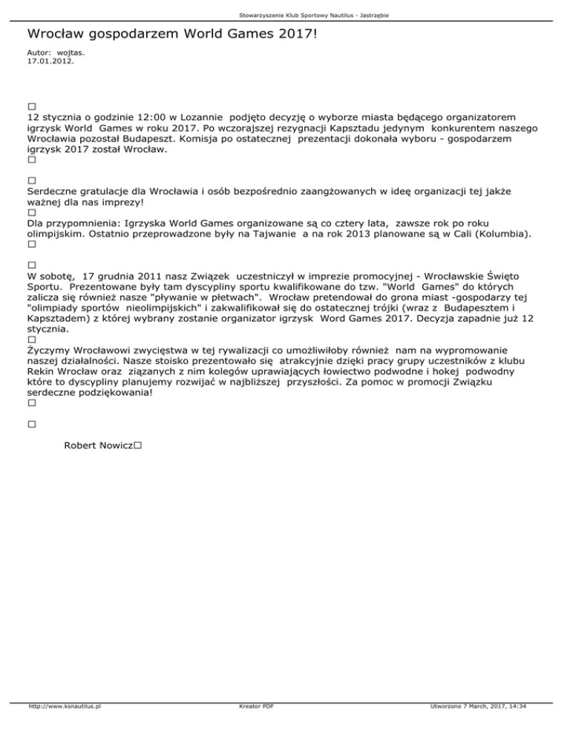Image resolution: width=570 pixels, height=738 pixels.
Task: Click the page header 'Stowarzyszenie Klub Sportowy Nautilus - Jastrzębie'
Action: [x=285, y=15]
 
